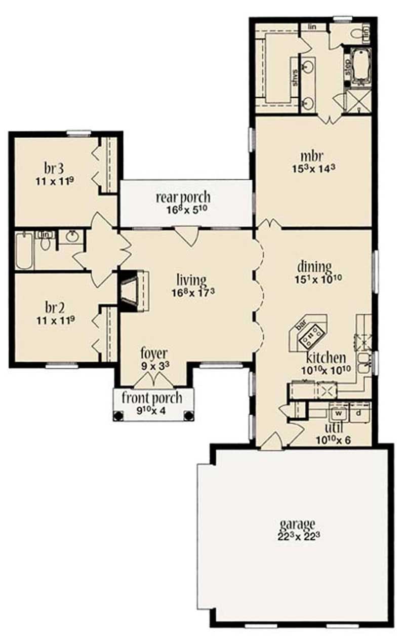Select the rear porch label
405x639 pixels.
(x=183, y=197)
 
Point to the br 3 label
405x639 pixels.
(x=56, y=168)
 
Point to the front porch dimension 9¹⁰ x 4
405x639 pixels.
(x=152, y=411)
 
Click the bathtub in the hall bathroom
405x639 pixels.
(x=24, y=251)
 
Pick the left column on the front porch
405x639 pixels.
(x=118, y=416)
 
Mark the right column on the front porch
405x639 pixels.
(x=189, y=416)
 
